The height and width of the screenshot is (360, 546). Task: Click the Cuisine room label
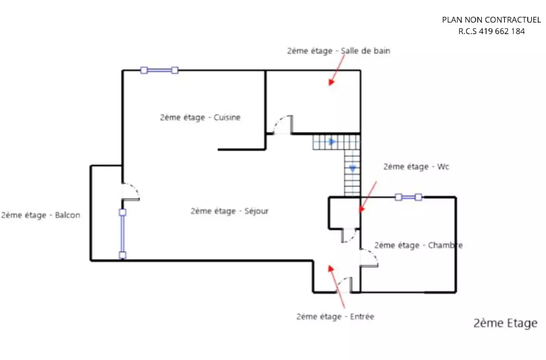click(x=200, y=118)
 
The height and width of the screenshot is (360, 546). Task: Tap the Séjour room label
click(x=229, y=211)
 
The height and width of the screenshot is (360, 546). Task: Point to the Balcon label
click(x=41, y=215)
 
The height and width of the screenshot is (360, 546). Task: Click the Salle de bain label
click(x=338, y=51)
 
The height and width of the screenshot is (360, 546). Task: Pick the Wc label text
click(x=416, y=167)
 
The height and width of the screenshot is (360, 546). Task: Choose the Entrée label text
click(x=335, y=316)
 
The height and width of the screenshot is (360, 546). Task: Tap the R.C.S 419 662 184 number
click(x=491, y=31)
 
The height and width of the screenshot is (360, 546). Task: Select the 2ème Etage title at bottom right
click(x=505, y=323)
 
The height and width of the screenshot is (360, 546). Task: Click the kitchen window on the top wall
click(x=159, y=70)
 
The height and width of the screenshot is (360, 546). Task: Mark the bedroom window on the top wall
click(x=408, y=197)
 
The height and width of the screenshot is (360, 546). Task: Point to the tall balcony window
click(x=122, y=234)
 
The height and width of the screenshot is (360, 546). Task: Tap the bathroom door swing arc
click(x=283, y=122)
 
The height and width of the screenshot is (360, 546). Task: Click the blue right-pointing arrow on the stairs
click(x=332, y=142)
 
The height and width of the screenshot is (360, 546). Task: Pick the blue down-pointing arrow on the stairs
click(x=352, y=168)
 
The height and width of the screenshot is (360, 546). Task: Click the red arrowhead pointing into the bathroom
click(x=331, y=82)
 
